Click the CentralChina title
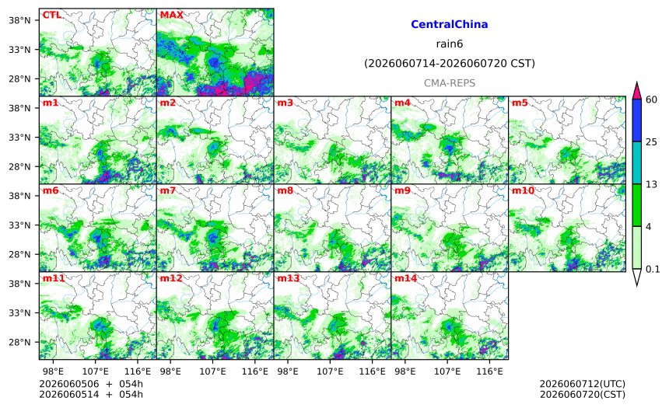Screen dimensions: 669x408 tap(450, 24)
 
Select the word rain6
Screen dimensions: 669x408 tap(450, 44)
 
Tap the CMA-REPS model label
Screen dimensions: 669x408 tap(450, 83)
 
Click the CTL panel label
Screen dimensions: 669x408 tap(51, 15)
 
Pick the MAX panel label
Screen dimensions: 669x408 tap(171, 15)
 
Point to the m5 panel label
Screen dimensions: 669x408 tap(520, 103)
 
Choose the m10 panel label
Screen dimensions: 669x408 tap(523, 190)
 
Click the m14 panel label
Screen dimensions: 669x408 tap(405, 278)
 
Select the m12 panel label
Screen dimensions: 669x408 tap(171, 278)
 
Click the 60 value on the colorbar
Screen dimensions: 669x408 tap(652, 99)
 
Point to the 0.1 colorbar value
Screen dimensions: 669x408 tap(653, 270)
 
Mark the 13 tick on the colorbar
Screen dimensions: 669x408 tap(652, 184)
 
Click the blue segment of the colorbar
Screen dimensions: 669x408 tap(636, 120)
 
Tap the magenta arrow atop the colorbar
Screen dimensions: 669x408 tap(636, 91)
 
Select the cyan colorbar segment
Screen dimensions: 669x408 tap(636, 162)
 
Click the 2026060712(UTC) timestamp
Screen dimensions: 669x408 tap(583, 384)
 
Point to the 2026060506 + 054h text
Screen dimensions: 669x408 tap(91, 384)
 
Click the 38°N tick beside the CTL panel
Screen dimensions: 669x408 tap(19, 20)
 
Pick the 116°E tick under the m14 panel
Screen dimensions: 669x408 tap(489, 371)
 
